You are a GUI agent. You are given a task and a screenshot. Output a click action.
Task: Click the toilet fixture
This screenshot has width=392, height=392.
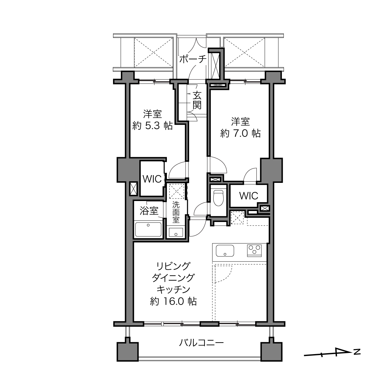[x=218, y=198]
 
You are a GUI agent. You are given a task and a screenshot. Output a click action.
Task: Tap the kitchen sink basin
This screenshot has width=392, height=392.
[x=225, y=251]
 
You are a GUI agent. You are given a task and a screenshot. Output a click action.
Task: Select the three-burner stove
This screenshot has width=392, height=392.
[x=254, y=250]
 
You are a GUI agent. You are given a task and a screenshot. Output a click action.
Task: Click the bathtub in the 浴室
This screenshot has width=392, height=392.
[x=148, y=229]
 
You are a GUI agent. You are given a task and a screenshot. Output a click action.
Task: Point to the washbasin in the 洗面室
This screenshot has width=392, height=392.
[x=176, y=232]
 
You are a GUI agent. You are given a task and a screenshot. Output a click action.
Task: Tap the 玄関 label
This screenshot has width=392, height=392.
[x=197, y=101]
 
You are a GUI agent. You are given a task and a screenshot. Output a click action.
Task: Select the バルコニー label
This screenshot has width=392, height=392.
[x=201, y=343]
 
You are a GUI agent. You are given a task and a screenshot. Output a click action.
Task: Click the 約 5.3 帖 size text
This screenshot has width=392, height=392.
[x=152, y=126]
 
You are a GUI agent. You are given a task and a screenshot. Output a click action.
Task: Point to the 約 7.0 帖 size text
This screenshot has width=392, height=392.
[x=240, y=133]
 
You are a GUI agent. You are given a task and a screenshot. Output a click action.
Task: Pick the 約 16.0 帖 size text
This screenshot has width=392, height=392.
[x=173, y=301]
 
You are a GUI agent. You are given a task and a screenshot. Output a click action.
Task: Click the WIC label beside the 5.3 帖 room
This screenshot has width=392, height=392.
[x=152, y=179]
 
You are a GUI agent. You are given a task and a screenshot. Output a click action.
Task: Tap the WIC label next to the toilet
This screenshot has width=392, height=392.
[x=249, y=196]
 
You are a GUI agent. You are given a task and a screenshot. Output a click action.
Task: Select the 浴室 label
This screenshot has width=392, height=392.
[x=149, y=211]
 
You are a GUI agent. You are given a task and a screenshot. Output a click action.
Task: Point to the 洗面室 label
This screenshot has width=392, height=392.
[x=176, y=212]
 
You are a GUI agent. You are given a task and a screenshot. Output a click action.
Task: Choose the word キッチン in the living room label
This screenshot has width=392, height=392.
[x=173, y=290]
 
